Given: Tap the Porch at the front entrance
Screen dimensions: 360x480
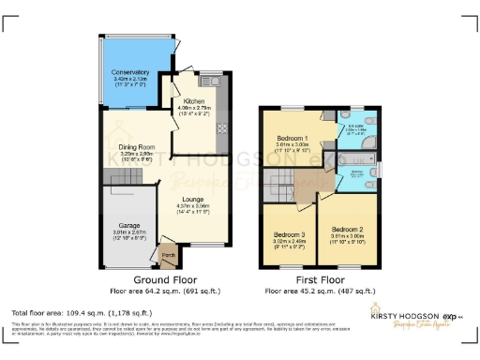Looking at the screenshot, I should coord(170,254).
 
